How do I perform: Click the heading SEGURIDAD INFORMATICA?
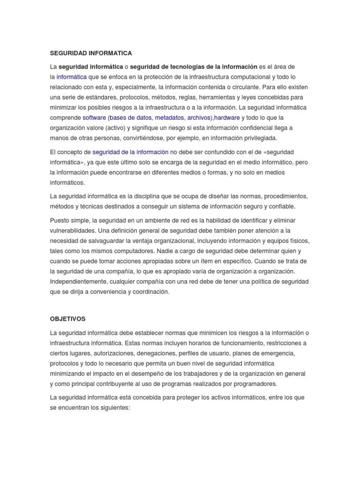pos(91,53)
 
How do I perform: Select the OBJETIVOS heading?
pos(67,319)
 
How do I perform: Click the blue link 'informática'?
pos(72,77)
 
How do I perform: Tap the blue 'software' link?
pos(94,118)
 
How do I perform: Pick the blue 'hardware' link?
pos(227,118)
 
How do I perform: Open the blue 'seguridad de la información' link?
pos(130,152)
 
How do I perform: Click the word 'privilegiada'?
pos(257,138)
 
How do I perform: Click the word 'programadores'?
pos(255,384)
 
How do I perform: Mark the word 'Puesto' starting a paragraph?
pos(60,220)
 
